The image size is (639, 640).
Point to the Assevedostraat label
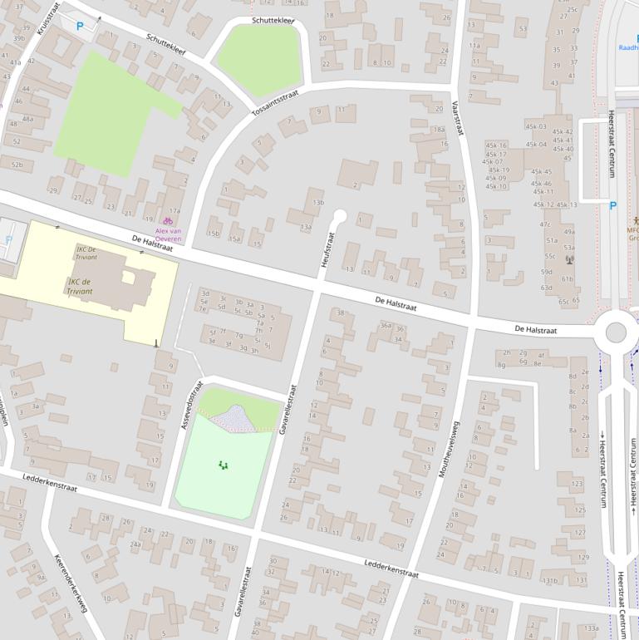(x=192, y=405)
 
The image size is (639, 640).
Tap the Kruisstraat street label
(x=48, y=17)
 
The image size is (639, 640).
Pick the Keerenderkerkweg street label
(x=71, y=583)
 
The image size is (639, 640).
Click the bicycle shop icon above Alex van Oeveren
(x=168, y=221)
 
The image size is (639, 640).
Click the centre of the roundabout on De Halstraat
(x=616, y=332)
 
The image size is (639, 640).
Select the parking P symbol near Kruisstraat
(x=80, y=27)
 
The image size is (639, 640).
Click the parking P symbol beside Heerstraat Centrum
(x=613, y=206)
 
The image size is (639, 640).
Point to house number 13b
(x=318, y=203)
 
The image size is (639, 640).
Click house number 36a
(x=386, y=326)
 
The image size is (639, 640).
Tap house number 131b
(x=550, y=580)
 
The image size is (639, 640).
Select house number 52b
(x=17, y=165)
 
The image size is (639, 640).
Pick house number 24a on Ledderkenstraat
(x=135, y=544)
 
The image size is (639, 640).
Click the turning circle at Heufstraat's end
(x=339, y=217)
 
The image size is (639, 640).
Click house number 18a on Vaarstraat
(x=440, y=129)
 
